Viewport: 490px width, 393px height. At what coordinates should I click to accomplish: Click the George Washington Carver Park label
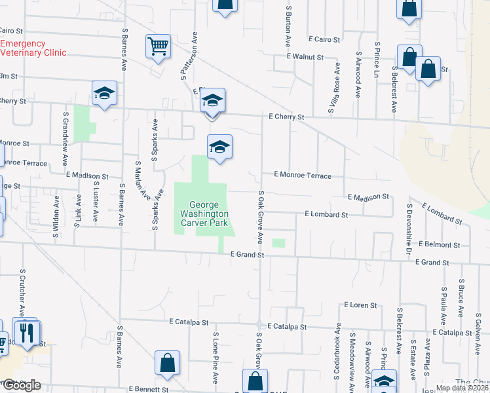pyautogui.click(x=204, y=214)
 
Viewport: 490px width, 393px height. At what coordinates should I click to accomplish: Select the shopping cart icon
pyautogui.click(x=158, y=48)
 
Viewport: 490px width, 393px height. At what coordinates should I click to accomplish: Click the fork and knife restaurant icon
pyautogui.click(x=27, y=332)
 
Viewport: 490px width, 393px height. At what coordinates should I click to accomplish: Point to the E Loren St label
pyautogui.click(x=360, y=305)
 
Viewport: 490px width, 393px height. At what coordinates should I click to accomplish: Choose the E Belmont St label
pyautogui.click(x=439, y=244)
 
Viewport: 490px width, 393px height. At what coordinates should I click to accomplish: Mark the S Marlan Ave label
pyautogui.click(x=140, y=180)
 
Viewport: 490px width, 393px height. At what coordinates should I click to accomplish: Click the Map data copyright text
pyautogui.click(x=459, y=388)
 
